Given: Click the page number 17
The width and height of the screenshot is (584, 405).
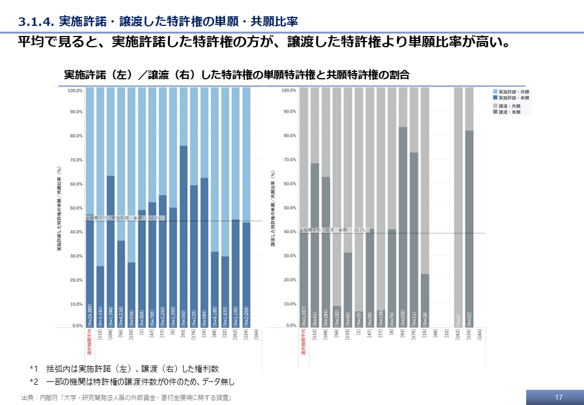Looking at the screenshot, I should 558,397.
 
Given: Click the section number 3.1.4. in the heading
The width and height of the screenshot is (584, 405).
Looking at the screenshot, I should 35,22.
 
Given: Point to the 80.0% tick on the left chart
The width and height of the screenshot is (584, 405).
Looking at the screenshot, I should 75,136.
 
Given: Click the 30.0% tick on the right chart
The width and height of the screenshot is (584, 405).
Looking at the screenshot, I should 289,256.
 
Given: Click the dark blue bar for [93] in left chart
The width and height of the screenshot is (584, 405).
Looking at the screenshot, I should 184,236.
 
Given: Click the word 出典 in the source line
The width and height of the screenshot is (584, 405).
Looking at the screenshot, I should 26,398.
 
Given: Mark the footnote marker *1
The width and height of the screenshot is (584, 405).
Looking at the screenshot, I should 34,369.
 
